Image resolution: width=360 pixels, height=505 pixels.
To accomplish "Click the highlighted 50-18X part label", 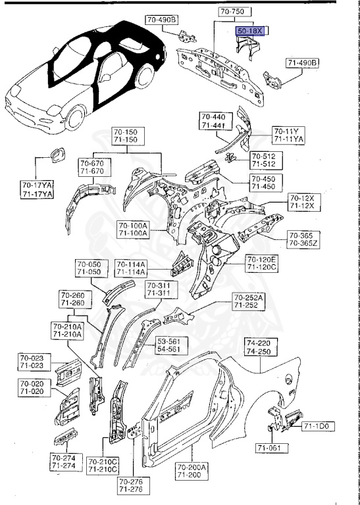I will (250, 30).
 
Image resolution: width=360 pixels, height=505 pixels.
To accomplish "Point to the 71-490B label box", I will (302, 63).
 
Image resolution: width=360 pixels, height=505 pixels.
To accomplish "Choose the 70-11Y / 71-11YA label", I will (289, 135).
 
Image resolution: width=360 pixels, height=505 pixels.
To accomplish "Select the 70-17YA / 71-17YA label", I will (37, 190).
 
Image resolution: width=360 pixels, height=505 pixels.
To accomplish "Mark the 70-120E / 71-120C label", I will (262, 264).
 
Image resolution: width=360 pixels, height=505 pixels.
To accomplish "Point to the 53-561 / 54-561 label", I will (172, 346).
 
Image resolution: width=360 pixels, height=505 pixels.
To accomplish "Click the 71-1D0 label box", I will (319, 427).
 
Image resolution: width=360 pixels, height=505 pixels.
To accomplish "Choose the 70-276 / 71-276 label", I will (130, 486).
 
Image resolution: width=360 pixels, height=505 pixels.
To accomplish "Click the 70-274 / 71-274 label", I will (63, 462).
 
